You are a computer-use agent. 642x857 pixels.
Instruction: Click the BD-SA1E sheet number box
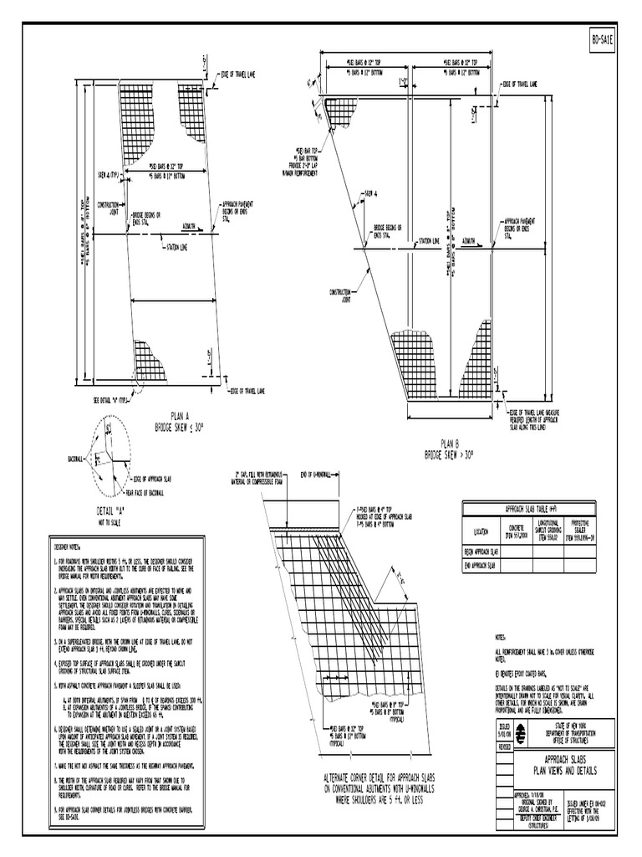point(602,39)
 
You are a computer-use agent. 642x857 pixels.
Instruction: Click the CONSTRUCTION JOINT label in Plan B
point(339,295)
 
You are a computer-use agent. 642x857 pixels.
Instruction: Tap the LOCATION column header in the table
point(481,531)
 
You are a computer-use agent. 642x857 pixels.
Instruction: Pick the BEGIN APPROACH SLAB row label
point(481,552)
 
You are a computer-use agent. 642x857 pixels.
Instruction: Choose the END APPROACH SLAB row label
point(481,567)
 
